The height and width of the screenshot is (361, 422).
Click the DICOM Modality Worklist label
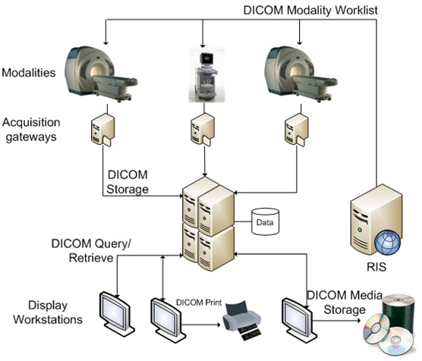click(x=310, y=11)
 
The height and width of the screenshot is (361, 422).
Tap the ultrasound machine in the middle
click(x=206, y=75)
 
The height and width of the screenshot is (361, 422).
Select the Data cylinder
click(x=265, y=221)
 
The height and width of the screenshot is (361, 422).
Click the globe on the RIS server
click(x=388, y=242)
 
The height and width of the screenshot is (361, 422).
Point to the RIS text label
click(x=376, y=267)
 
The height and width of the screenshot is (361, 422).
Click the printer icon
click(x=241, y=320)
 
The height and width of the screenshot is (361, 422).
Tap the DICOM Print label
click(x=199, y=303)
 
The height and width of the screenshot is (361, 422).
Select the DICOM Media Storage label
click(x=345, y=303)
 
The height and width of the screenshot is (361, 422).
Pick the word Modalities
click(x=29, y=73)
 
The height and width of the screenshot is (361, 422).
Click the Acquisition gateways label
click(x=31, y=130)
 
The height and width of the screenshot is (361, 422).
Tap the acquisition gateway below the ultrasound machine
click(x=203, y=130)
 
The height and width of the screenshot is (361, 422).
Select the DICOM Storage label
click(x=128, y=182)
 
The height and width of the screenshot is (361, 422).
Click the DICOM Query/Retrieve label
click(x=91, y=250)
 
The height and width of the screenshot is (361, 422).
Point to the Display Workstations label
click(x=48, y=312)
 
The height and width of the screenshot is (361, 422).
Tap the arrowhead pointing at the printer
click(x=219, y=325)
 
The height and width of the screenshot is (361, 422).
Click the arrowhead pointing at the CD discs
click(x=358, y=320)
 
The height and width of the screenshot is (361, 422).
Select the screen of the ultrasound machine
click(x=207, y=58)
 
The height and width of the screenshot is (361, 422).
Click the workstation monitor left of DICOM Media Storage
click(x=299, y=319)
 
